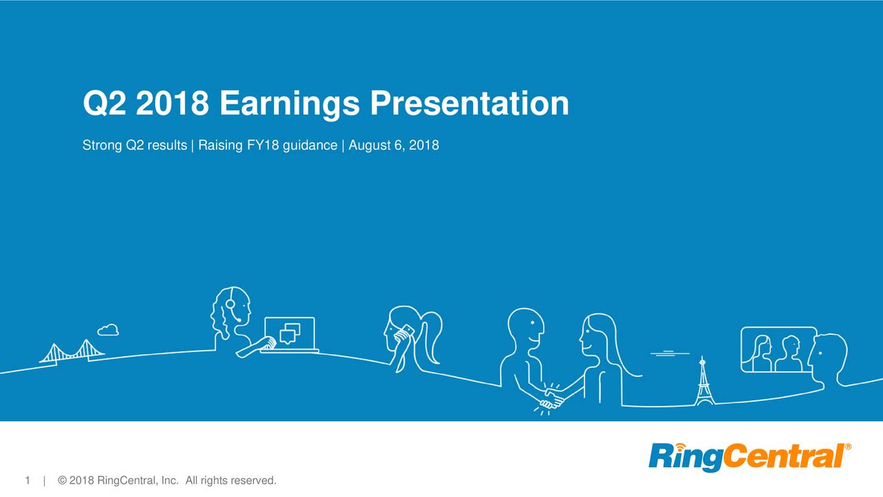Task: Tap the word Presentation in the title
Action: point(469,105)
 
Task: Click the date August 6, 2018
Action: point(394,146)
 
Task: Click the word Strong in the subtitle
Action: point(99,146)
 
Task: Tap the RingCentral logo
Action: point(745,457)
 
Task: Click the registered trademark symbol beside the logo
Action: point(848,447)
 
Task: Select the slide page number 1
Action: point(28,480)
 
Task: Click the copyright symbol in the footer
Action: point(63,480)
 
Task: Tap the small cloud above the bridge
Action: point(108,329)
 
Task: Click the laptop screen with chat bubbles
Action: point(290,333)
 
